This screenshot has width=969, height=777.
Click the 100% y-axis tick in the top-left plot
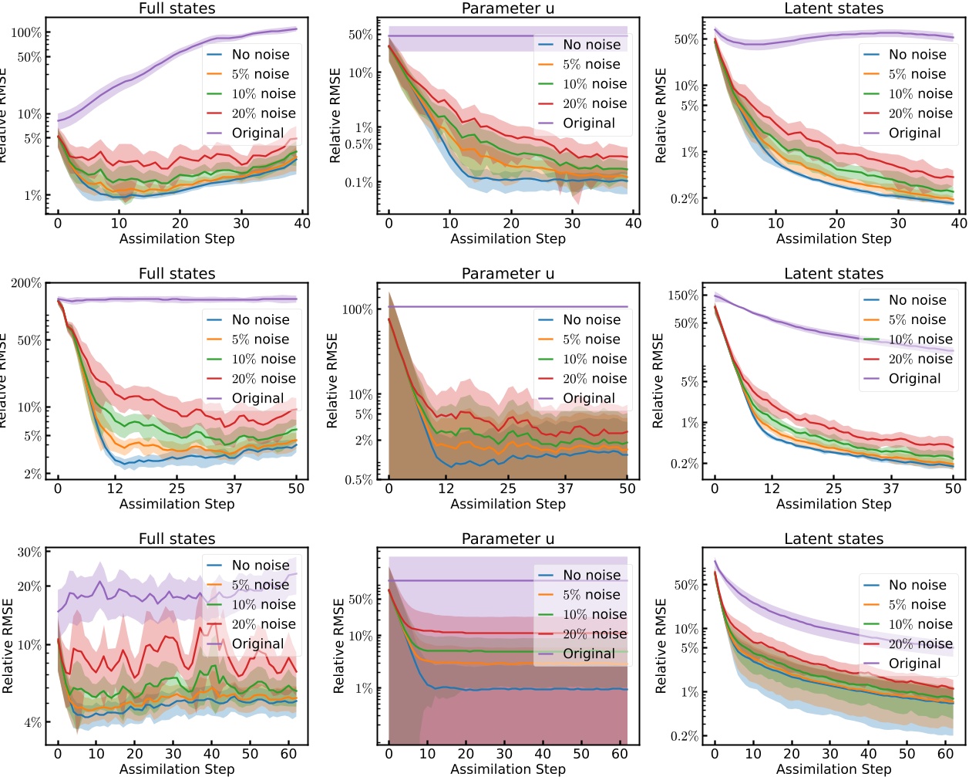coord(26,32)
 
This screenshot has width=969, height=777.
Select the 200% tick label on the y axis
coord(26,283)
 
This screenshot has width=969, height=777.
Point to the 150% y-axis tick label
coord(683,296)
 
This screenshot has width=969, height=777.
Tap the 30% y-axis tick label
coord(29,552)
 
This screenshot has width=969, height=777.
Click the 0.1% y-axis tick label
coord(359,183)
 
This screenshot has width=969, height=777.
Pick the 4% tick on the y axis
coord(32,723)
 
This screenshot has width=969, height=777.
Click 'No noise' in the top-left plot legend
coord(261,55)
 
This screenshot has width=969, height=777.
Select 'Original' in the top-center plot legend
coord(589,123)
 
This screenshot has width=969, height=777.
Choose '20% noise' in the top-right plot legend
coord(920,113)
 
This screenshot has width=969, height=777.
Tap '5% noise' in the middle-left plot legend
coord(261,340)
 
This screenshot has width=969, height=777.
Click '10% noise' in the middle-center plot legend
coord(594,360)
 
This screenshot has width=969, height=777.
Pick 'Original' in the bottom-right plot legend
coord(914,664)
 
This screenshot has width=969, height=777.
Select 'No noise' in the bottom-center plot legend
coord(591,576)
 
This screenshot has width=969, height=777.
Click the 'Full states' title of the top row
coord(177,8)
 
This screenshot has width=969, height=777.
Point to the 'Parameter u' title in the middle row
coord(507,274)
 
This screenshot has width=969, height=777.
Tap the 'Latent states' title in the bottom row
coord(833,539)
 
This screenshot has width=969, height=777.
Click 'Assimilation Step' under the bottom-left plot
coord(177,769)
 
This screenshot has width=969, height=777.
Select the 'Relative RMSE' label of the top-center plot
coord(335,116)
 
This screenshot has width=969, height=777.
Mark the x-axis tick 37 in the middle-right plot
coord(891,488)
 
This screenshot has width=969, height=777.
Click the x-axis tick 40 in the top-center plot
coord(633,223)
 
